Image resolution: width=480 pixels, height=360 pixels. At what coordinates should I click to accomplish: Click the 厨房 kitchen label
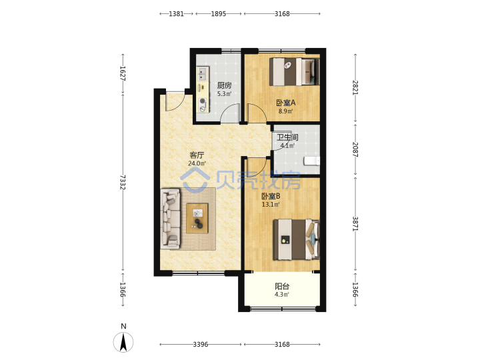[225, 85]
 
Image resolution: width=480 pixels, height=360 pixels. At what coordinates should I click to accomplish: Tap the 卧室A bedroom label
[285, 103]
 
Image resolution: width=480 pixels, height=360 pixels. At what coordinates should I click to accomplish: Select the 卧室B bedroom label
[271, 196]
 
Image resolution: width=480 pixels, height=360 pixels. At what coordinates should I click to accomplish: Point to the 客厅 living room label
[197, 155]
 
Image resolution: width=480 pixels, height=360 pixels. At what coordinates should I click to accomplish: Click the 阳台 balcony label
[282, 286]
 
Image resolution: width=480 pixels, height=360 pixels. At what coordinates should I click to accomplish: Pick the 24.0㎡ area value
[197, 163]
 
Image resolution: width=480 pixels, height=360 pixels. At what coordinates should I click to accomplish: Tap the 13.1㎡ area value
[271, 204]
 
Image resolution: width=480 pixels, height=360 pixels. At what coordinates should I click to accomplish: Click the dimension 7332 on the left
[123, 182]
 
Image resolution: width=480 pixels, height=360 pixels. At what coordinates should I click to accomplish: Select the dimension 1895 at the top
[218, 14]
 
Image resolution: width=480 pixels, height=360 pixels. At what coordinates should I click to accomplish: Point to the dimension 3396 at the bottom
[201, 345]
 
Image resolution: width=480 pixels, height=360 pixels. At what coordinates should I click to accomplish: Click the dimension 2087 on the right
[355, 149]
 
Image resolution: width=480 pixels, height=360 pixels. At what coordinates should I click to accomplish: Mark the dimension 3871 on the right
[355, 224]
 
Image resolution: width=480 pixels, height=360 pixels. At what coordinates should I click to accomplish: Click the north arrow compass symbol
[123, 342]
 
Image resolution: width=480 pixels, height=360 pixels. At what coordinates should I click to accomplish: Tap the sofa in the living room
[171, 219]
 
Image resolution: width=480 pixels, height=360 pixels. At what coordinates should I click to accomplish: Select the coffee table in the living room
[197, 218]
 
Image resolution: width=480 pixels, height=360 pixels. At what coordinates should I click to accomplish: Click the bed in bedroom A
[295, 71]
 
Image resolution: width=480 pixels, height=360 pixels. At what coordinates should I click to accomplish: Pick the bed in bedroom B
[296, 239]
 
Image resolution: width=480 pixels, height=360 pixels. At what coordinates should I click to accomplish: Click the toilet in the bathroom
[311, 161]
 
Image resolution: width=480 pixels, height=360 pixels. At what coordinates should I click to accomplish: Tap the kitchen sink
[203, 74]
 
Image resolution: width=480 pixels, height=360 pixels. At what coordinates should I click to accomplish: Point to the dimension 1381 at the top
[176, 14]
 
